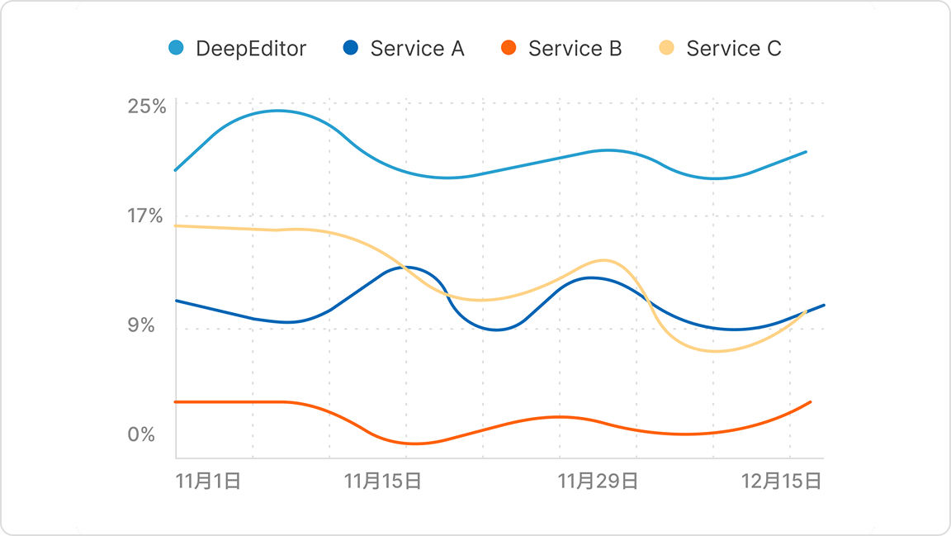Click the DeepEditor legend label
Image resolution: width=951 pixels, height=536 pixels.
point(250,49)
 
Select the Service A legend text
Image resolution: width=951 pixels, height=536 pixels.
point(417,49)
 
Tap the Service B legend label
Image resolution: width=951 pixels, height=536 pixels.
point(575,49)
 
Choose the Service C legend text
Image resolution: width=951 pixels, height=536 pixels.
point(733,49)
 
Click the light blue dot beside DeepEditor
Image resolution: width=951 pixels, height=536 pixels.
point(176,48)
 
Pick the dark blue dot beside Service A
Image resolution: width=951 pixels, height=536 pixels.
point(351,48)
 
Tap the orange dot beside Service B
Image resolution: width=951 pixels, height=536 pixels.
point(509,48)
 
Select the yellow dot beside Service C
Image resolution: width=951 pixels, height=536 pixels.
point(667,48)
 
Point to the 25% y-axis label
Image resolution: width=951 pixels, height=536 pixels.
point(147,107)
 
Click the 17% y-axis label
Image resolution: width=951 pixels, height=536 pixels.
point(147,216)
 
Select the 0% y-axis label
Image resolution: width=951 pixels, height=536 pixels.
point(141,434)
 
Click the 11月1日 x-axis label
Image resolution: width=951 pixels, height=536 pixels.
point(208,481)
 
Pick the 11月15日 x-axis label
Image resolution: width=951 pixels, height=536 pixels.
point(382,481)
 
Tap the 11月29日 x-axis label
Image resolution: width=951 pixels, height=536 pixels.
point(598,481)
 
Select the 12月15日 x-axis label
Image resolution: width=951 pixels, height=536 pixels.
point(782,481)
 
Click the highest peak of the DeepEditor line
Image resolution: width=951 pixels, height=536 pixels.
point(277,111)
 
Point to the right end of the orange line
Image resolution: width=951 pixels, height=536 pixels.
point(811,402)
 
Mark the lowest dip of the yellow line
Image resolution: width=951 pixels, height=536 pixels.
point(715,351)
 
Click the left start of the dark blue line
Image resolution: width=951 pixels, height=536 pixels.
point(176,301)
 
